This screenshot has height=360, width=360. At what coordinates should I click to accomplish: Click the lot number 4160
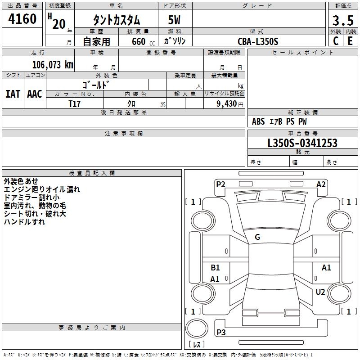tap(22, 19)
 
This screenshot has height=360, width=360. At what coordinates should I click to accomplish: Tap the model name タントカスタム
tap(117, 20)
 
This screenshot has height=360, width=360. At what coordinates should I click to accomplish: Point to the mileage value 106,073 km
tap(53, 65)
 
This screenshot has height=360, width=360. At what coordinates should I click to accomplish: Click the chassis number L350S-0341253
tap(302, 144)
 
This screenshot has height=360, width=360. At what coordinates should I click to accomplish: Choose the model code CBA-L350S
tap(258, 41)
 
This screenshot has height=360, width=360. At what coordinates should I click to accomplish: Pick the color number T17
tap(75, 103)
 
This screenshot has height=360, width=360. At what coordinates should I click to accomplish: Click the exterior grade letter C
tap(336, 41)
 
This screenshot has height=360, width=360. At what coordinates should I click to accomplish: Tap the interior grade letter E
tap(350, 41)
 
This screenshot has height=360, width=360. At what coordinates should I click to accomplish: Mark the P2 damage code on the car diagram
tap(220, 184)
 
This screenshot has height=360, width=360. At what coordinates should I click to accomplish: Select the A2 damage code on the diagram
tap(321, 184)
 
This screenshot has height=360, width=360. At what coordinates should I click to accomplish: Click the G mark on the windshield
tap(257, 237)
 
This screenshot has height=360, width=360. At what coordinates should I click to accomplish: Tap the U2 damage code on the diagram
tap(320, 292)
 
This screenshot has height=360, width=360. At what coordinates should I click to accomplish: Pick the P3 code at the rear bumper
tap(221, 333)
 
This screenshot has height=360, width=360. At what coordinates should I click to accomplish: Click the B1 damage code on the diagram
tap(216, 268)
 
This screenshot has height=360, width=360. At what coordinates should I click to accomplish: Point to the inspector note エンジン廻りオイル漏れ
tap(42, 189)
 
